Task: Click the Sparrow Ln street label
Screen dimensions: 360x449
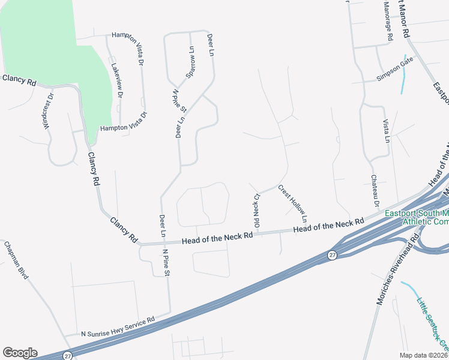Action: pos(191,62)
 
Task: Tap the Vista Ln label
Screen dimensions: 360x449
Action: pos(387,131)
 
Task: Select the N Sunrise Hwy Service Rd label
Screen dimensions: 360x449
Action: pos(118,326)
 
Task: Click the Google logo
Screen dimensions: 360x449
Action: pos(20,353)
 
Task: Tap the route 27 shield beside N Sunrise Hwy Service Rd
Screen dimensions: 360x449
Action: pos(68,356)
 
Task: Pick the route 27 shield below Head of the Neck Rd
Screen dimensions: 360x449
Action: pos(332,255)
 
